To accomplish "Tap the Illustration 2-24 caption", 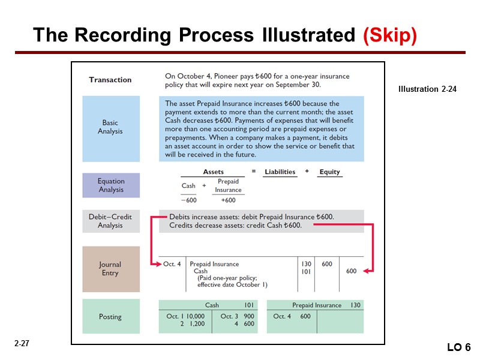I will (427, 89).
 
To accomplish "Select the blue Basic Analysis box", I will (110, 127).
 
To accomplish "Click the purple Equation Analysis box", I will (110, 185).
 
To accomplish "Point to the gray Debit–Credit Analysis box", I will (110, 221).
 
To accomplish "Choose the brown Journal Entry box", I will (110, 269).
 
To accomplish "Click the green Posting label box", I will (110, 316).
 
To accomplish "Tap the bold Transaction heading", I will (110, 80).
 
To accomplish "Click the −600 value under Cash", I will (188, 200).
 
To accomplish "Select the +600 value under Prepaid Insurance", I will (228, 200).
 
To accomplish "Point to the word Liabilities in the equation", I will (280, 172).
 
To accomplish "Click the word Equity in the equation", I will (329, 172).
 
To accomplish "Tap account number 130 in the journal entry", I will (306, 264).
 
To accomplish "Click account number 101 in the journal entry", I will (306, 271).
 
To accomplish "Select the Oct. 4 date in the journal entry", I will (172, 264).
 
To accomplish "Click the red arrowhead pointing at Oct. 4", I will (157, 264).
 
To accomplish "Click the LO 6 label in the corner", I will (459, 348).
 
